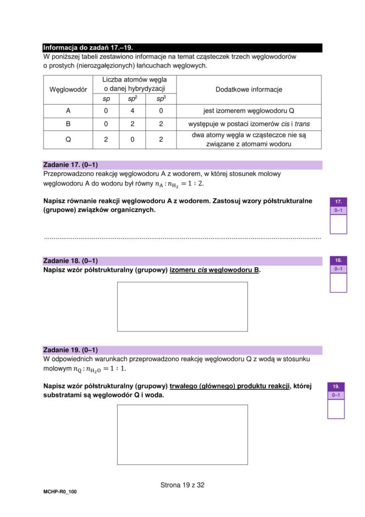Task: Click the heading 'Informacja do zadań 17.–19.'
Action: (88, 48)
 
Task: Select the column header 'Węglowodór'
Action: (68, 89)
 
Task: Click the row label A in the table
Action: (68, 111)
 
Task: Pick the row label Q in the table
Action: (68, 139)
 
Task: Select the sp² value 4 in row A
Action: (132, 111)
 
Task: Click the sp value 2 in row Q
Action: (106, 139)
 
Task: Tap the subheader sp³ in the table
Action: (161, 99)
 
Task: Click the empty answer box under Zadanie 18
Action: (182, 306)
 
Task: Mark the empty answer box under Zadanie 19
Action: (182, 434)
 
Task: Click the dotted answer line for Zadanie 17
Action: (182, 238)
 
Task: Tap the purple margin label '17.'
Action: (338, 202)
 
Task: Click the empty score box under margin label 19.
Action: (336, 409)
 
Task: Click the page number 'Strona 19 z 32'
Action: (182, 485)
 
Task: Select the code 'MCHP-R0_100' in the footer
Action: (60, 492)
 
